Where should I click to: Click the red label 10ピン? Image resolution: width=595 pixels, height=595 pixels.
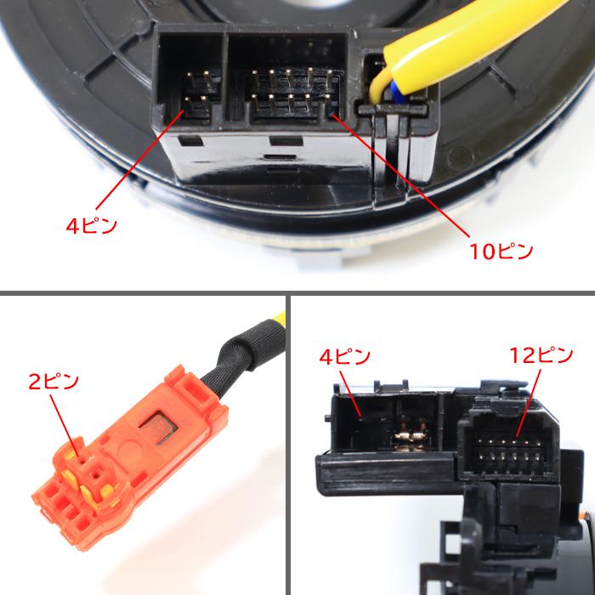click(x=501, y=252)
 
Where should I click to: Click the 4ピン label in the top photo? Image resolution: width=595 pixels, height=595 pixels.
click(x=92, y=226)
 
